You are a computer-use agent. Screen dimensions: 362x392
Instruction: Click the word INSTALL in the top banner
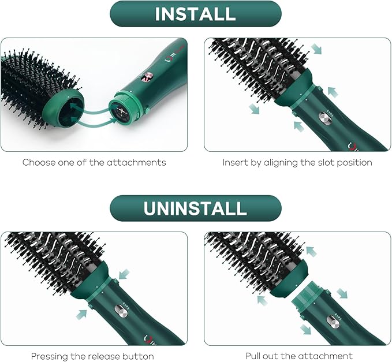click(195, 14)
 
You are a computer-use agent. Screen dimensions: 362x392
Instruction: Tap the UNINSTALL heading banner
click(195, 208)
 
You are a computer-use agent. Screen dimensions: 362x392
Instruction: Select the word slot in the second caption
click(313, 162)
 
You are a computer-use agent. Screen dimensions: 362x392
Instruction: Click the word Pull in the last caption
click(255, 356)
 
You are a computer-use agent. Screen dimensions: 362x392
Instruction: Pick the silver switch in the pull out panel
click(331, 319)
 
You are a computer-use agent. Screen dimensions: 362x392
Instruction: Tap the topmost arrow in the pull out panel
click(311, 251)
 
